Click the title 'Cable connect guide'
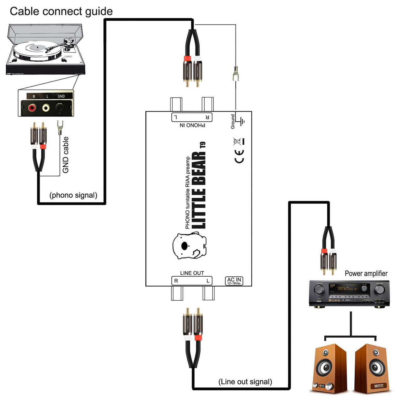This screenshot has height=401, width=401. (61, 11)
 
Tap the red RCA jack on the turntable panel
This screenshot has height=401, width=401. (32, 108)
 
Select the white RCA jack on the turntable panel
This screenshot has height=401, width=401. (46, 108)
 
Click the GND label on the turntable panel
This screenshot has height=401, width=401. (61, 96)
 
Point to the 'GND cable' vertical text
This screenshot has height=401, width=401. (65, 155)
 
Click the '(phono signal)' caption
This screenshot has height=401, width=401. (73, 195)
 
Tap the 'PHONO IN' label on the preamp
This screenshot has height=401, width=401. (192, 125)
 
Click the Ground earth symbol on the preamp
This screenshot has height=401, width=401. (242, 121)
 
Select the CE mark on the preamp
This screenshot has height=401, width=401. (239, 156)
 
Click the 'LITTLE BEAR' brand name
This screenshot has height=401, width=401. (199, 190)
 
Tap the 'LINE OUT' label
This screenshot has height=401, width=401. (192, 273)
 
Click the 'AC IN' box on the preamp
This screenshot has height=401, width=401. (234, 281)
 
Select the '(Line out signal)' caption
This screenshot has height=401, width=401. (245, 382)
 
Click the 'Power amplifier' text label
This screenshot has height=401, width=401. (366, 273)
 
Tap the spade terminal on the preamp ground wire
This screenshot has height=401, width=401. (236, 74)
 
